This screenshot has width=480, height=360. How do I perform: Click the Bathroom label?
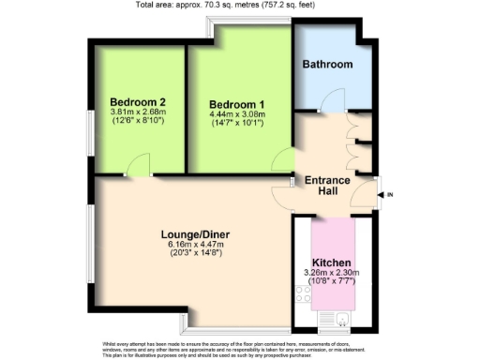[x=327, y=64]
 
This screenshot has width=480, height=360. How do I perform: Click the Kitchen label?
[x=332, y=263]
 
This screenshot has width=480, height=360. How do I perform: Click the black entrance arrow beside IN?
[x=382, y=194]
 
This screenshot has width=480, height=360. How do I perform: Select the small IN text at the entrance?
[x=392, y=194]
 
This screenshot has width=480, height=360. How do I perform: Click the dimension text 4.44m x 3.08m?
[x=236, y=114]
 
